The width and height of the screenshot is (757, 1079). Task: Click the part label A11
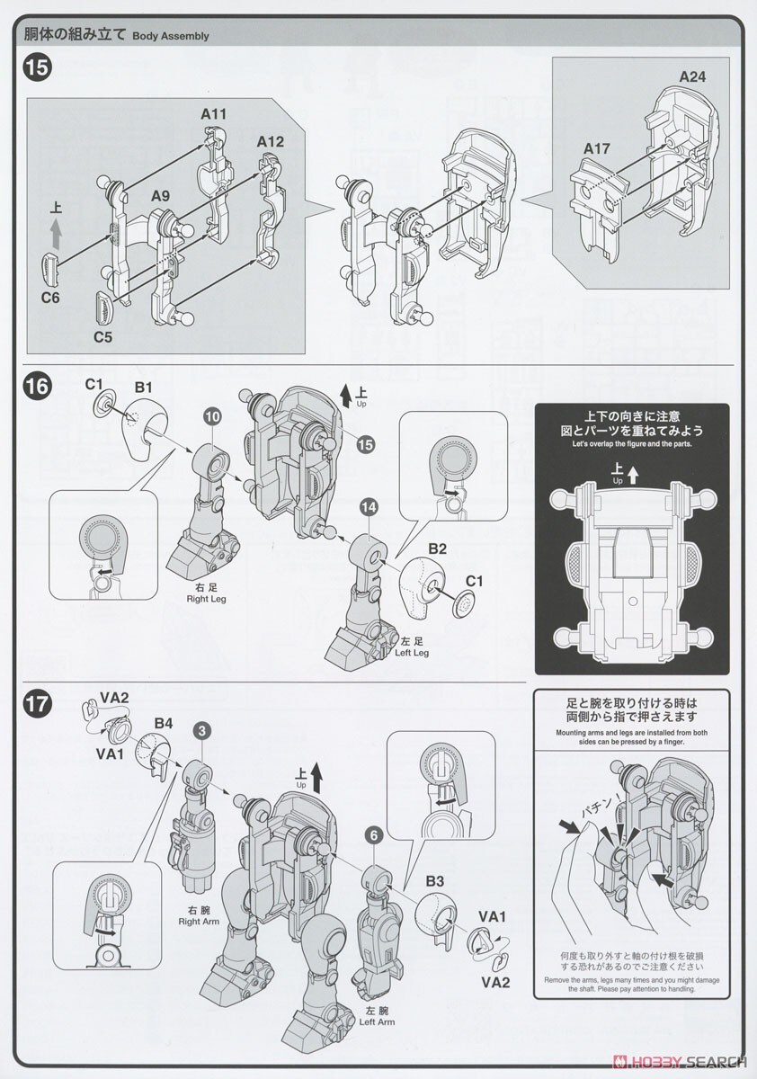213,113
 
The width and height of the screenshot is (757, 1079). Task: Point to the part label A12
270,142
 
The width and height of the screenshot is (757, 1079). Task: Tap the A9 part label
161,196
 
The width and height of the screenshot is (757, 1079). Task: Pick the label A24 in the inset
691,76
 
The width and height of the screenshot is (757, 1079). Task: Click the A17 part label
598,148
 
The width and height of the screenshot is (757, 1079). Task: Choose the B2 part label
438,547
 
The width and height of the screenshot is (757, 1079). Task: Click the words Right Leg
198,598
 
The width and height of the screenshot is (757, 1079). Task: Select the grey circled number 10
212,416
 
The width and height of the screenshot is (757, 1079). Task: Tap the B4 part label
163,722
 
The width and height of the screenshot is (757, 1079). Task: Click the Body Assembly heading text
171,36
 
